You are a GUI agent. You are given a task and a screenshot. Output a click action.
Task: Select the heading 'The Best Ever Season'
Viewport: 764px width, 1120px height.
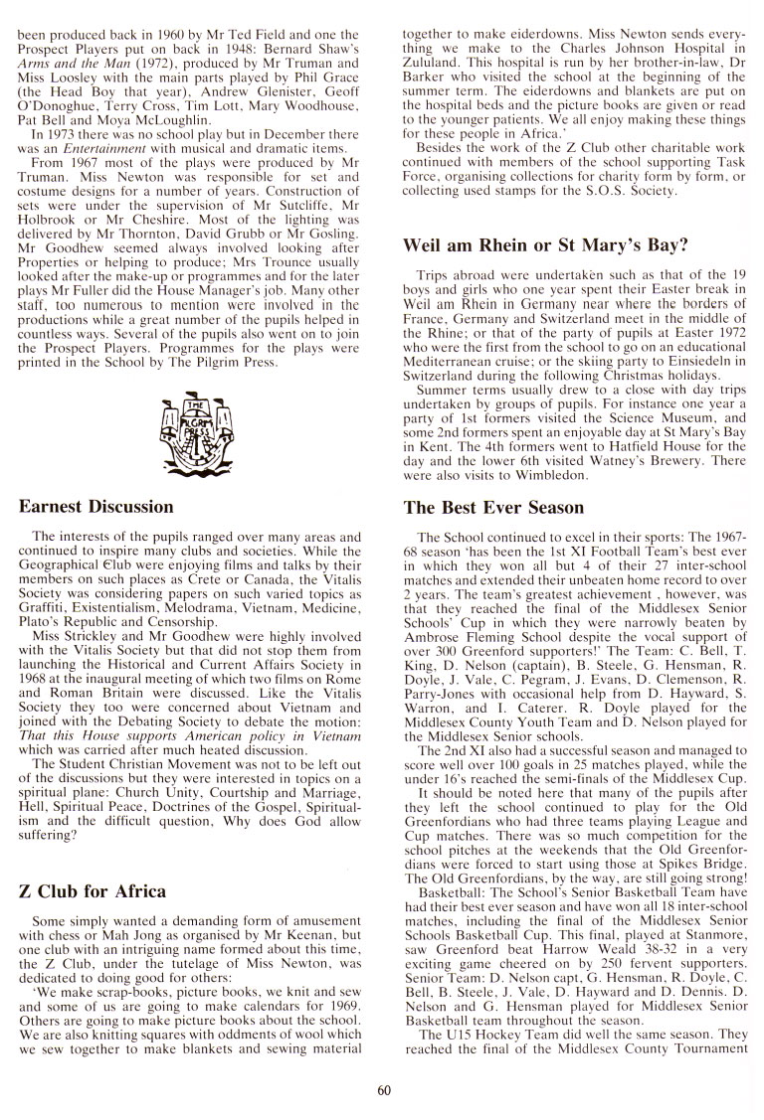[x=493, y=507]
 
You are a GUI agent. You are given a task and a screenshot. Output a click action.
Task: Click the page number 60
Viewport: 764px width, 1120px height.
[x=384, y=1090]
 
